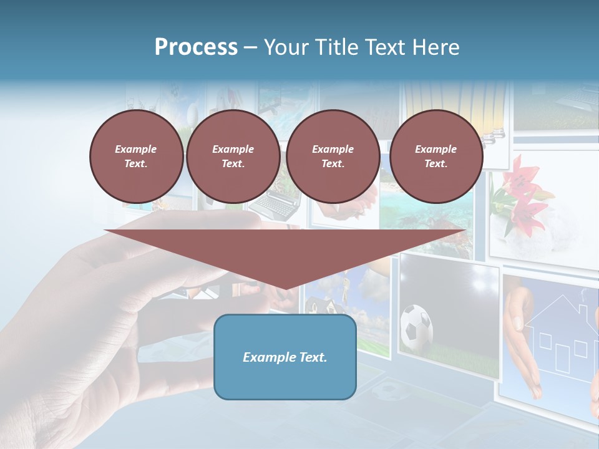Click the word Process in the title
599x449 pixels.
pyautogui.click(x=196, y=47)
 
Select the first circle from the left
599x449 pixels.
pyautogui.click(x=136, y=156)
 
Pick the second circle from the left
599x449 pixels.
pyautogui.click(x=233, y=156)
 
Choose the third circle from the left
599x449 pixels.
pyautogui.click(x=333, y=156)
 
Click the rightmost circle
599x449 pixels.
pyautogui.click(x=436, y=156)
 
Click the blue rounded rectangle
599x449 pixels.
pyautogui.click(x=285, y=357)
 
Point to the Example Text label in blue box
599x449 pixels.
pyautogui.click(x=285, y=357)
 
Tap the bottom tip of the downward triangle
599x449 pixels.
pyautogui.click(x=285, y=289)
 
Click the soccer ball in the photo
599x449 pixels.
pyautogui.click(x=416, y=326)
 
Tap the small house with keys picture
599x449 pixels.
pyautogui.click(x=318, y=306)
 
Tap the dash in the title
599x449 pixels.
pyautogui.click(x=250, y=47)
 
